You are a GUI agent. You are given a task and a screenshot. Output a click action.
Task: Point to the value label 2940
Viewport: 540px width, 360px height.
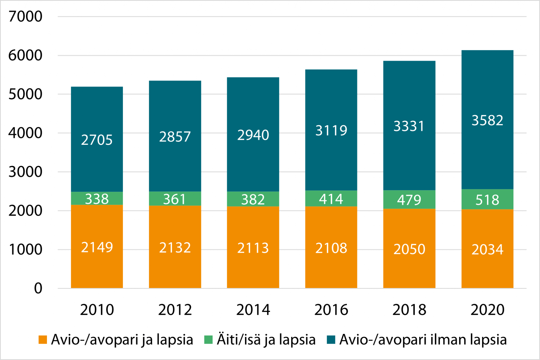253,135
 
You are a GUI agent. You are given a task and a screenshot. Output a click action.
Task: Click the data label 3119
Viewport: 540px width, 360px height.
331,130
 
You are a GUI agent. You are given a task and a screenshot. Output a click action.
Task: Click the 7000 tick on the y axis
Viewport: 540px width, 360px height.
25,16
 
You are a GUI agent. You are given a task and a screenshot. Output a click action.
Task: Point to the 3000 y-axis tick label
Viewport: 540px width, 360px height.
25,172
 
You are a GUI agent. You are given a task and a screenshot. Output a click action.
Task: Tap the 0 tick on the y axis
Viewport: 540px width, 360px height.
38,288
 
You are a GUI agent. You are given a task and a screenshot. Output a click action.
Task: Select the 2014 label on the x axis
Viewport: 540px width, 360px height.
253,310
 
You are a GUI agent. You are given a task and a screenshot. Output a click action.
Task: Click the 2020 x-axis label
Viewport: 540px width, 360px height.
487,310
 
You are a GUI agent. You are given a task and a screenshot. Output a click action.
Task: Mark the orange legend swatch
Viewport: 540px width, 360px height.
43,340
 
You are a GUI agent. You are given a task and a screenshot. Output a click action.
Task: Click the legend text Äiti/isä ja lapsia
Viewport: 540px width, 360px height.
266,340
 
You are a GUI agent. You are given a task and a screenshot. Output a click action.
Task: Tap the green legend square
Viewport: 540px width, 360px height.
208,340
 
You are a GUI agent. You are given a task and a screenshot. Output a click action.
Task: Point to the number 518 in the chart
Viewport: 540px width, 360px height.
487,200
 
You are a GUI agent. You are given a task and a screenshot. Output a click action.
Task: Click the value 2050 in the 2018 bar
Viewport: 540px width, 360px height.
409,249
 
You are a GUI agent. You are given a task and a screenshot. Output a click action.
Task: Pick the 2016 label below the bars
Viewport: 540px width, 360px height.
331,310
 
